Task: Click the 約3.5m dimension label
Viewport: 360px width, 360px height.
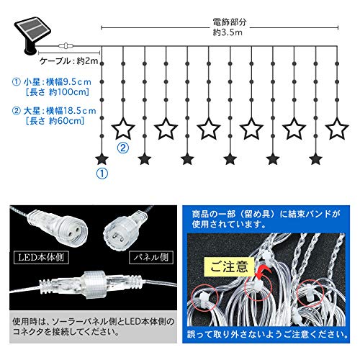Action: click(228, 32)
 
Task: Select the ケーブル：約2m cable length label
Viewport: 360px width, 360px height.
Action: click(69, 61)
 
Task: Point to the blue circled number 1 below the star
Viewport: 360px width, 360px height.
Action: click(102, 174)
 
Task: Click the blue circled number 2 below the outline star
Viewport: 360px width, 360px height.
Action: click(123, 148)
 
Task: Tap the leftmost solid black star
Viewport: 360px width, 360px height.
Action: click(102, 159)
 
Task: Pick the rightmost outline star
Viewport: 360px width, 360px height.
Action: click(337, 128)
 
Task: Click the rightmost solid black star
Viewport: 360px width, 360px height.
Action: click(315, 159)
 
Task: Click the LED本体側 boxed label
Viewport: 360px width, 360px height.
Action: click(41, 258)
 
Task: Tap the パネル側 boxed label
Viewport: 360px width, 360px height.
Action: click(151, 258)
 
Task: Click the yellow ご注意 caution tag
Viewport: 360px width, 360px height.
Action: click(229, 267)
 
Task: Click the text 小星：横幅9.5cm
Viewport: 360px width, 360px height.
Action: click(57, 82)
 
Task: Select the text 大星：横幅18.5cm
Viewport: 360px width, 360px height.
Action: click(60, 111)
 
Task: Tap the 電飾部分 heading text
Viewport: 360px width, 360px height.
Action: click(230, 22)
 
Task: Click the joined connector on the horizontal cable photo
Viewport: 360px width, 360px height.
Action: click(91, 284)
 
